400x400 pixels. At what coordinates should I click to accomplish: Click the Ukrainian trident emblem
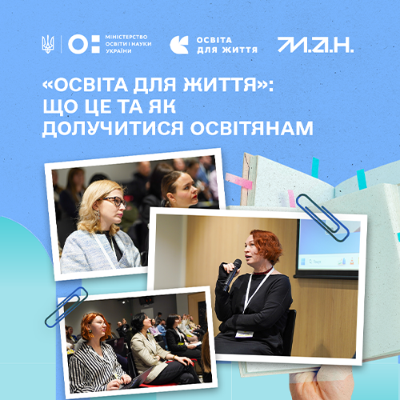point(48,44)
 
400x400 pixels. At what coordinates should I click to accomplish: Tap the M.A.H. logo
point(315,45)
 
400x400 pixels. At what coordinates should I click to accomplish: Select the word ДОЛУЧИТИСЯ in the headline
point(113,129)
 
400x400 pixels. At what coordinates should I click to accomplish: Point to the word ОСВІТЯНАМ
point(251,128)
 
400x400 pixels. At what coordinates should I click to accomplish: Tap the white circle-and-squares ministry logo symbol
point(84,44)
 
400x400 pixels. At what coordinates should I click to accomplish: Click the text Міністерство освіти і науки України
point(128,44)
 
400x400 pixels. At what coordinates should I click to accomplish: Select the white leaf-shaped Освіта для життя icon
point(179,45)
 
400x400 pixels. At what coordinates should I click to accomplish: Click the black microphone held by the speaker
point(232,274)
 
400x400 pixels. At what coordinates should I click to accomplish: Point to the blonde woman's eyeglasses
point(114,202)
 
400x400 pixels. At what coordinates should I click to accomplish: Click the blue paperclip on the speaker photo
point(322,218)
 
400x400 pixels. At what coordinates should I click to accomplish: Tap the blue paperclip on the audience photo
point(66,306)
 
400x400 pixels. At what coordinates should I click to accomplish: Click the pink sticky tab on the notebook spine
point(239,181)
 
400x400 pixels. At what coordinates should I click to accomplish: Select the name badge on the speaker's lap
point(244,334)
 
